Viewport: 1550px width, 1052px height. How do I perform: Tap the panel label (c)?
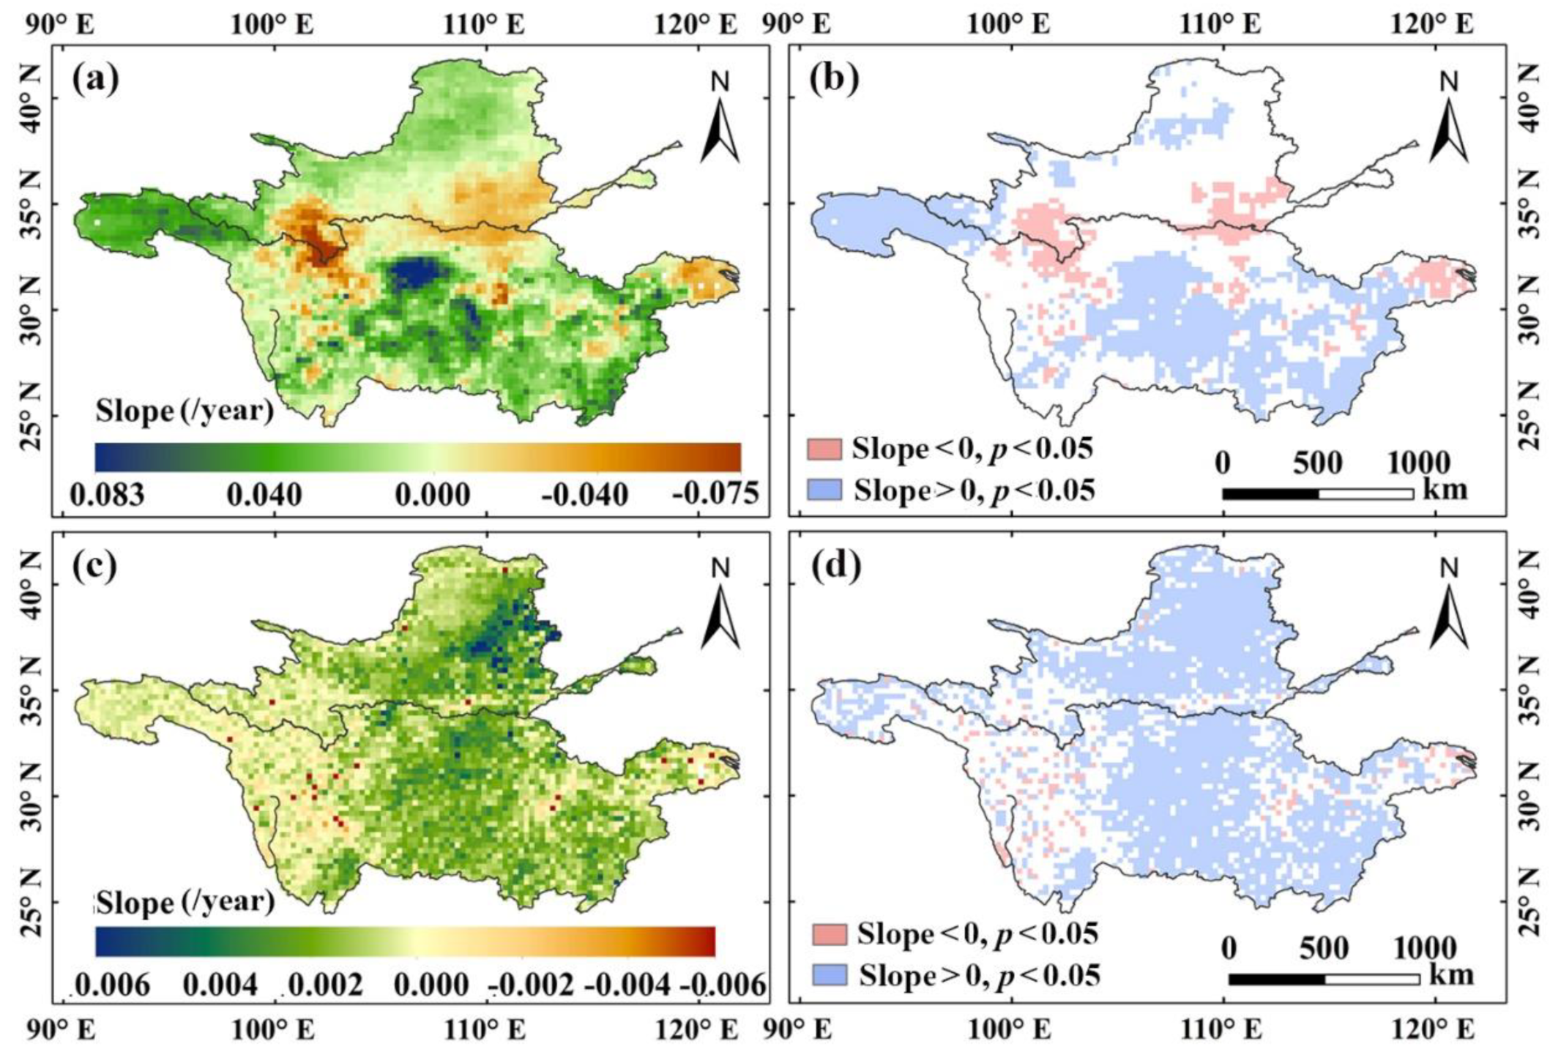coord(95,567)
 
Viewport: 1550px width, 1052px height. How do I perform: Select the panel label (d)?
coord(834,567)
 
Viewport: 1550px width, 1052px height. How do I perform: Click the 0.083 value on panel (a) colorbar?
coord(107,495)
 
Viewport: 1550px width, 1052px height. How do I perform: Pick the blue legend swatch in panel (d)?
coord(830,976)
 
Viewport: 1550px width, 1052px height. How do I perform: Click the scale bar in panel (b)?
coord(1317,494)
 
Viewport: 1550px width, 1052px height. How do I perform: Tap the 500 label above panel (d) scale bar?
coord(1324,949)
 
